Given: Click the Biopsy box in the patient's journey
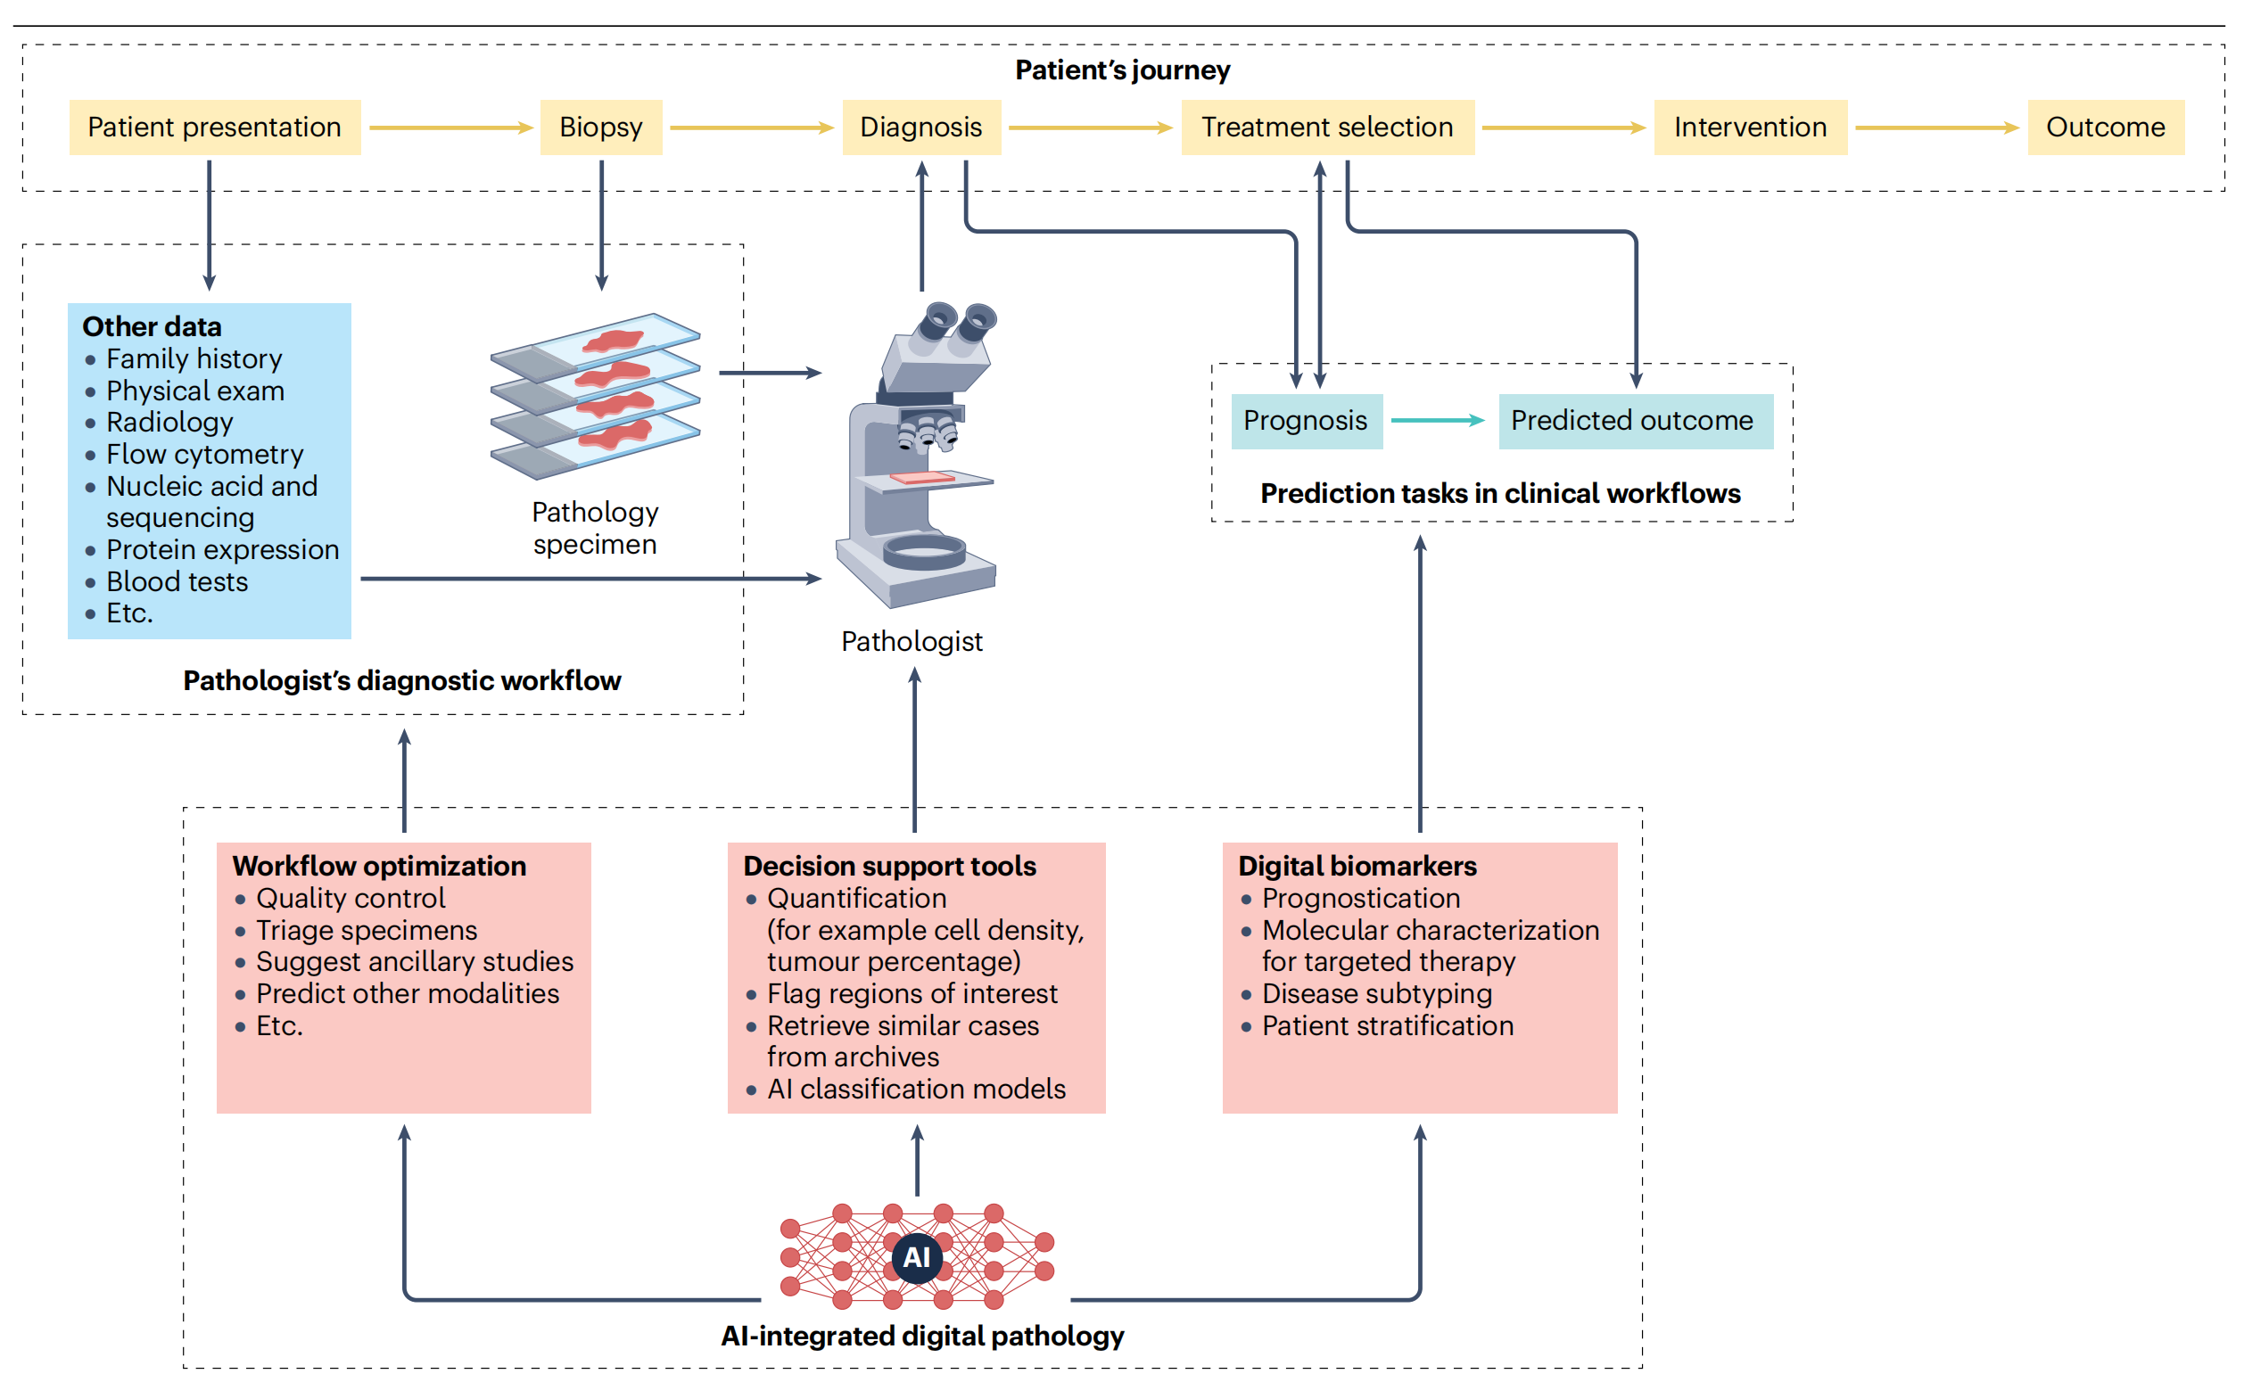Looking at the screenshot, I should pyautogui.click(x=600, y=127).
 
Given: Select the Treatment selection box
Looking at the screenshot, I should pyautogui.click(x=1326, y=127).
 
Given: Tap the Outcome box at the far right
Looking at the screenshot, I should pyautogui.click(x=2104, y=127).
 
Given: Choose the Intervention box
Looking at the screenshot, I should pyautogui.click(x=1750, y=127).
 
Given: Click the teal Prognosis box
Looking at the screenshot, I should pyautogui.click(x=1305, y=421).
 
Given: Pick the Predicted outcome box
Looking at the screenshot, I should pyautogui.click(x=1634, y=421).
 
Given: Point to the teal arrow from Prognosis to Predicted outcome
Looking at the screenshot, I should pyautogui.click(x=1438, y=421).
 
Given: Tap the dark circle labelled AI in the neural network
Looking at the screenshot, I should pyautogui.click(x=916, y=1258).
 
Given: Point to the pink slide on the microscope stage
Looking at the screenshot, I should pyautogui.click(x=921, y=477).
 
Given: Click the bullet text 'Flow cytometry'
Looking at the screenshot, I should pyautogui.click(x=205, y=454).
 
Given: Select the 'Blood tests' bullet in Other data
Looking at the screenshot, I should pyautogui.click(x=177, y=581).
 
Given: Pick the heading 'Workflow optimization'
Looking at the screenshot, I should pyautogui.click(x=379, y=866).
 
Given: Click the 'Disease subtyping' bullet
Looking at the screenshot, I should pyautogui.click(x=1376, y=993).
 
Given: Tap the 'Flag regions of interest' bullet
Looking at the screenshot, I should pyautogui.click(x=912, y=993).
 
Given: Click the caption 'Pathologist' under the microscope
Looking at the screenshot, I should pyautogui.click(x=912, y=642).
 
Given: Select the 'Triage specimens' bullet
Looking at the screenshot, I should pyautogui.click(x=367, y=931).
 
